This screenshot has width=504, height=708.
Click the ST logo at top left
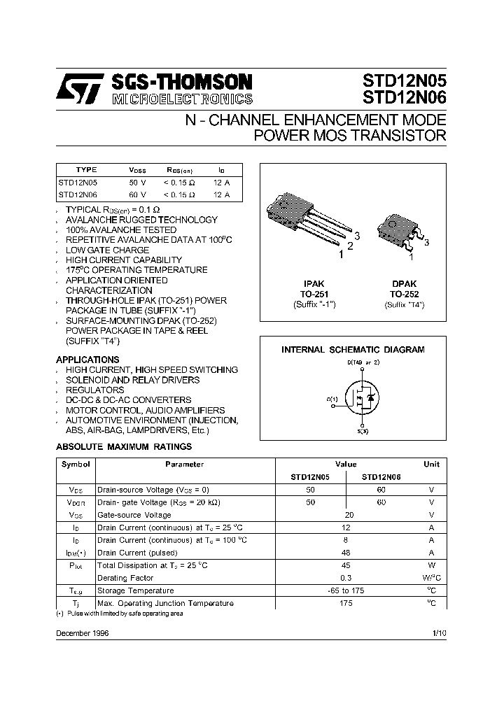click(x=80, y=90)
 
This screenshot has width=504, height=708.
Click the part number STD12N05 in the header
click(x=404, y=79)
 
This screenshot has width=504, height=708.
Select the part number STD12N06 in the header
click(x=404, y=97)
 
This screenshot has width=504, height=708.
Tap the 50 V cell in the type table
click(x=138, y=182)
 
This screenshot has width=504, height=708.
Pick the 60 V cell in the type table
click(x=138, y=194)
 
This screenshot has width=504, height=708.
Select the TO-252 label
click(x=404, y=295)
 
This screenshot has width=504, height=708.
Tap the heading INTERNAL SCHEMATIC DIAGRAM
click(x=353, y=349)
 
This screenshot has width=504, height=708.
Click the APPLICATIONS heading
click(x=87, y=360)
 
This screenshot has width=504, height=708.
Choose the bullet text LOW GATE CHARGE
click(x=107, y=250)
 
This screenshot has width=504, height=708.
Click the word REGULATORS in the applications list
click(x=94, y=390)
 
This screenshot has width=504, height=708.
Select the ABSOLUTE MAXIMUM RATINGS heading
click(x=123, y=446)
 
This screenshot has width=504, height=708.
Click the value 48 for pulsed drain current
click(x=346, y=553)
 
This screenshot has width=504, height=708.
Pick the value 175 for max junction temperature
click(x=346, y=603)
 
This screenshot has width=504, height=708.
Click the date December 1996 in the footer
click(x=82, y=632)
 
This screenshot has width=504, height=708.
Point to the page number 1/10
click(x=439, y=632)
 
